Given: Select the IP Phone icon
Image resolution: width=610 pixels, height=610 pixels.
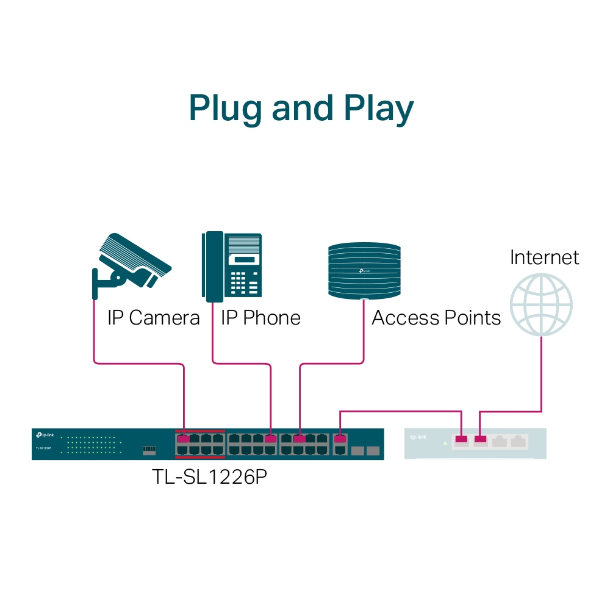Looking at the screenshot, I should pos(232,267).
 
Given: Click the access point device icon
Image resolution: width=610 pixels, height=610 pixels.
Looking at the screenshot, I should pos(364,271).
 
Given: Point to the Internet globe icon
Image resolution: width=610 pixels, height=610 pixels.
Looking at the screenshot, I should pos(541,304).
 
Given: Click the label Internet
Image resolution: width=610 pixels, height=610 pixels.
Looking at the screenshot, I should pos(544,257).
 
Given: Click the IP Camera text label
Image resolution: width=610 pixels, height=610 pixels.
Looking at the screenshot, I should pos(154,318).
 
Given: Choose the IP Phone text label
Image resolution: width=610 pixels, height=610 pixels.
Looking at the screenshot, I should pos(260,318).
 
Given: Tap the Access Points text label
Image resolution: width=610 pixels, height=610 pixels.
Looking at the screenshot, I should pos(436,318).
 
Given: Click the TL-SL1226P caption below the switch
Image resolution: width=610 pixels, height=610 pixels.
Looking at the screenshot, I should pos(209,476).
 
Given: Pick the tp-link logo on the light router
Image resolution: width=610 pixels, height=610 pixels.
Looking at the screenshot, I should pos(418,437).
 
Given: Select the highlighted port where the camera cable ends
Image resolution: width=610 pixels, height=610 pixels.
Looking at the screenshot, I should pos(182,439).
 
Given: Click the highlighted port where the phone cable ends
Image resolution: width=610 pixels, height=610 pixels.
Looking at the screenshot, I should pos(270,439).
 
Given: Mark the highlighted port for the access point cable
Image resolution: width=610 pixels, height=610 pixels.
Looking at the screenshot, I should pos(300,439).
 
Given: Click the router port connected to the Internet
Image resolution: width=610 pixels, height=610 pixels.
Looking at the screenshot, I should pos(481,439).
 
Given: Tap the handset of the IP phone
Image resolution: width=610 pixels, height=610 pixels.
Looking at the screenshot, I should pos(213,267).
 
